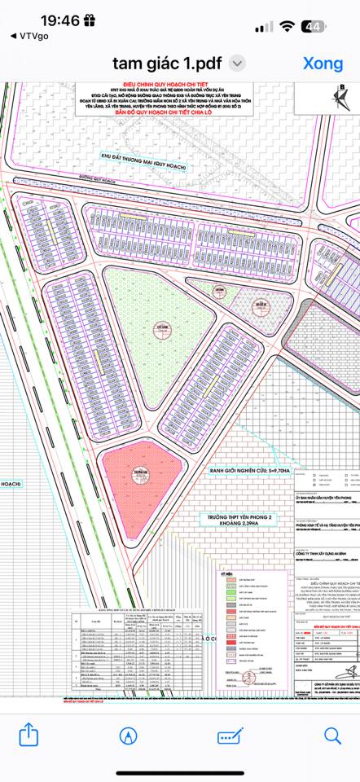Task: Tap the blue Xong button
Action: pyautogui.click(x=323, y=63)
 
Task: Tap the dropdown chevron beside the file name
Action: pyautogui.click(x=237, y=64)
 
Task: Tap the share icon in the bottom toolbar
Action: pyautogui.click(x=29, y=736)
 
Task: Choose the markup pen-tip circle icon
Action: pyautogui.click(x=128, y=736)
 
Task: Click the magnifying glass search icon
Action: pyautogui.click(x=331, y=736)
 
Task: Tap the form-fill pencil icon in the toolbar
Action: pyautogui.click(x=230, y=736)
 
